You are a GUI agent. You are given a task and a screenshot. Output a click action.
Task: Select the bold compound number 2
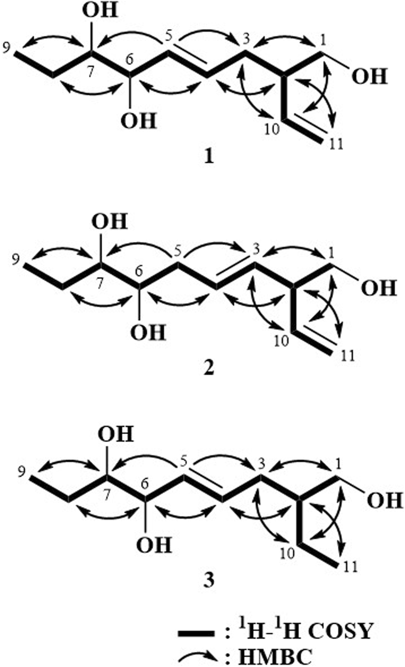pos(209,368)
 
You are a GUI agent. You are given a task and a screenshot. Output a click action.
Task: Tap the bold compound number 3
pos(209,579)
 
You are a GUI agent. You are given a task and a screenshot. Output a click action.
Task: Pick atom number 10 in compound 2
pos(281,341)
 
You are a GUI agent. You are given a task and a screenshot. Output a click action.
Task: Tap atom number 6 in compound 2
pos(139,271)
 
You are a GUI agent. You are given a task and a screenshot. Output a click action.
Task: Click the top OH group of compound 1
pos(100,11)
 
